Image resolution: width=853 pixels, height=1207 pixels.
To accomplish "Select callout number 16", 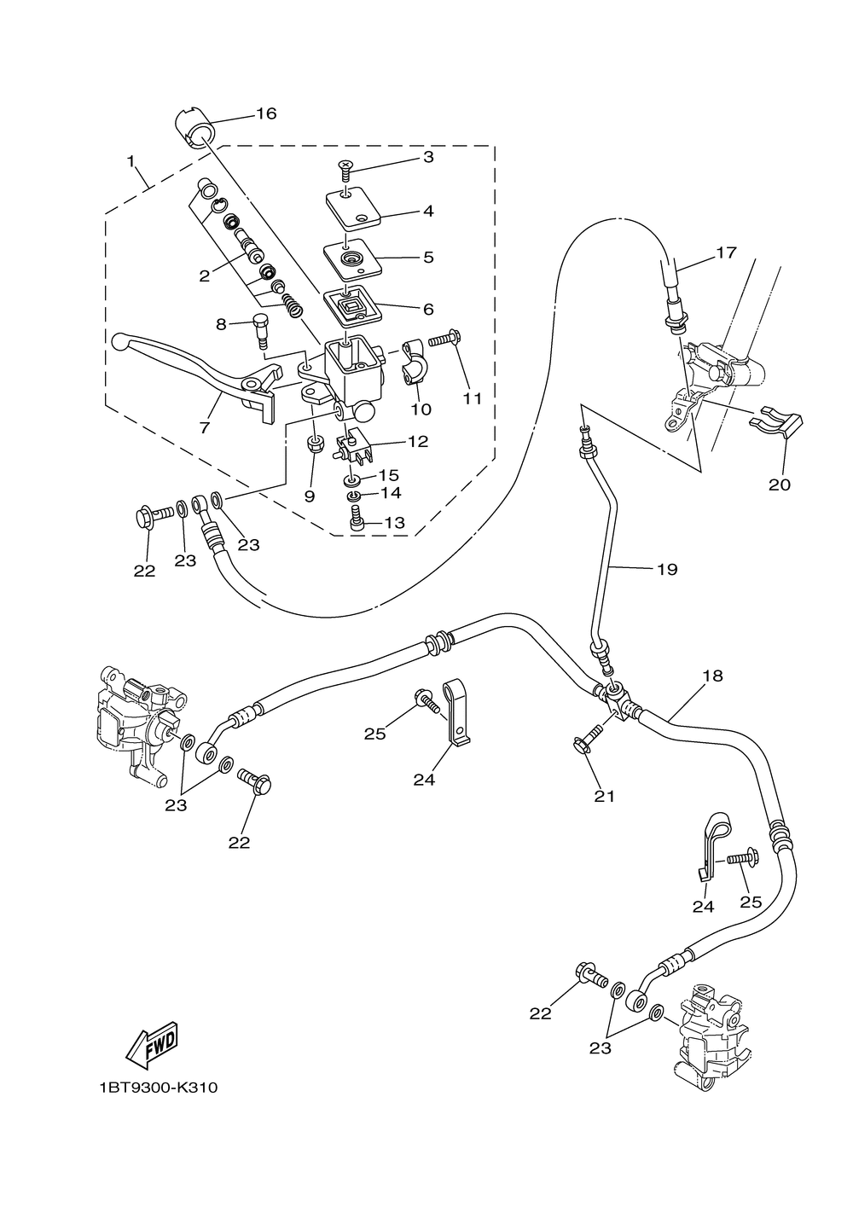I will tap(266, 113).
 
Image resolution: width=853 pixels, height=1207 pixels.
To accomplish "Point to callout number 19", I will tap(667, 569).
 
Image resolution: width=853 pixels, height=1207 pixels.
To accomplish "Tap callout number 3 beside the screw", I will tap(428, 157).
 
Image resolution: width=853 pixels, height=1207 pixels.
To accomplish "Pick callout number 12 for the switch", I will tap(418, 442).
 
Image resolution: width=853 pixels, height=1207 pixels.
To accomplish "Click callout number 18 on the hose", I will tap(712, 676).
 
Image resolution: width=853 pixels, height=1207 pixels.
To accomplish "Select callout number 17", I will tap(726, 252).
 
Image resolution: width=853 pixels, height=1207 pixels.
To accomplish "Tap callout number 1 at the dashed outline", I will tap(131, 160).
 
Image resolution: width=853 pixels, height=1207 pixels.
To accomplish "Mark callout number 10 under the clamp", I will tap(421, 409).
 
